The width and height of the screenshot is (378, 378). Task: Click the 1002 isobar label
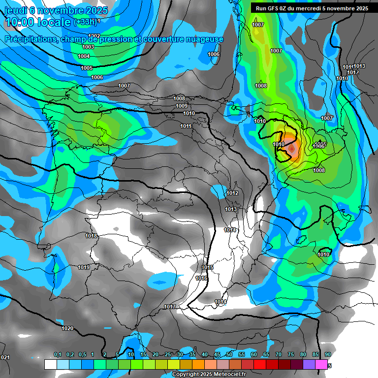tap(94, 36)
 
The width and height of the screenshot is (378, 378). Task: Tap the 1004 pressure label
tap(84, 57)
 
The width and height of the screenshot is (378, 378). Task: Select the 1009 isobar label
tap(182, 106)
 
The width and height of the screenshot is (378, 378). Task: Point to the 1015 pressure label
tap(207, 267)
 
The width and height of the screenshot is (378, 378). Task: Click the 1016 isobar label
tap(201, 278)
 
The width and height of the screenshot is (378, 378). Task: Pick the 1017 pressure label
tap(170, 307)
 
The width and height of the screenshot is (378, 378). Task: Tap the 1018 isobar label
tap(91, 236)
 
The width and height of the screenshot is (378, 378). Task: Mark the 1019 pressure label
tap(84, 268)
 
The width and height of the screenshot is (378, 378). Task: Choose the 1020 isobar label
tap(67, 328)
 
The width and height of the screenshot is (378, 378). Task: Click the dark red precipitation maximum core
tap(292, 148)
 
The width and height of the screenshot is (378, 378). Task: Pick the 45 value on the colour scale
tap(217, 354)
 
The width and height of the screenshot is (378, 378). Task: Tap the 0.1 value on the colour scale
tap(57, 354)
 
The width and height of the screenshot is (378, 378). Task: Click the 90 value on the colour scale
tap(327, 354)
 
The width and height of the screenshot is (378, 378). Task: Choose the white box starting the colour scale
tap(50, 364)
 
